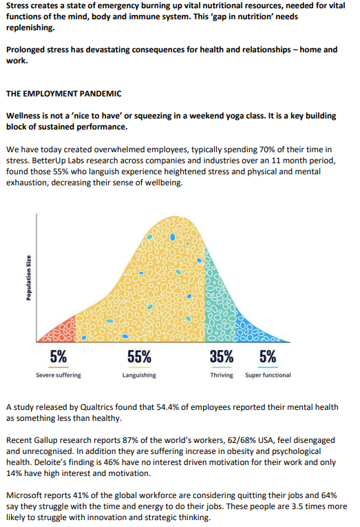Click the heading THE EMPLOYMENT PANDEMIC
pos(64,94)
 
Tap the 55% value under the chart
pos(139,357)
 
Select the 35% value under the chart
pos(222,357)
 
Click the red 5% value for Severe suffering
pos(59,357)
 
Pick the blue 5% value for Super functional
pos(268,357)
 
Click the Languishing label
pos(139,375)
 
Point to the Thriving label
pos(222,375)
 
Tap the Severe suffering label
pos(59,375)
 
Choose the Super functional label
pos(268,375)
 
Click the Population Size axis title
pos(29,278)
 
